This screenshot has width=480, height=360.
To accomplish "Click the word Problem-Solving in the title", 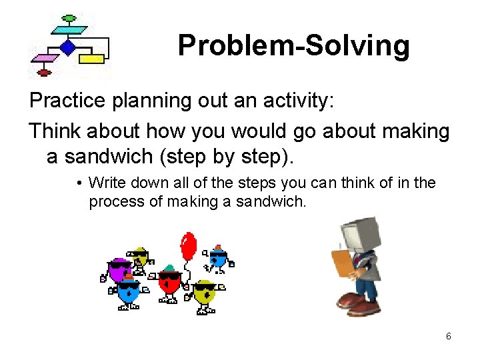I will pos(293,45).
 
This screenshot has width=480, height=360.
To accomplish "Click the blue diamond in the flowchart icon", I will pos(67,47).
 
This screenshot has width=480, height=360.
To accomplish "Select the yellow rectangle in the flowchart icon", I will pos(91,59).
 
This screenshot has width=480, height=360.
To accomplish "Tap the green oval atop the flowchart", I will pos(69,18).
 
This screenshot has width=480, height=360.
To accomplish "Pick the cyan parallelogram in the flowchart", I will pos(69,30).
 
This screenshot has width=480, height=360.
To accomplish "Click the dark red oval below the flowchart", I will pos(44,73).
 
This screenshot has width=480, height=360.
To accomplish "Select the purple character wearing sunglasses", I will pos(120,270).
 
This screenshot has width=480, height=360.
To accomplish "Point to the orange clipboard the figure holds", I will pos(342,262).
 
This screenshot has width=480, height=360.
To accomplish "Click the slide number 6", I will pos(449,336).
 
